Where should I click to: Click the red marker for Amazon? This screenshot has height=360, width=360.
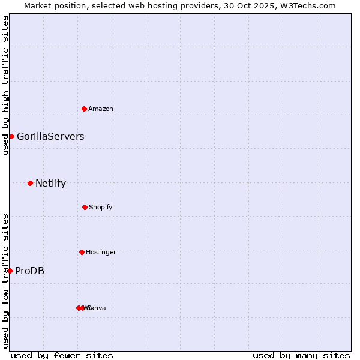click(x=85, y=109)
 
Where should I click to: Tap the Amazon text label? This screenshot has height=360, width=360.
click(x=101, y=109)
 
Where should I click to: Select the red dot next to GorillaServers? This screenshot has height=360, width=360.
click(x=11, y=136)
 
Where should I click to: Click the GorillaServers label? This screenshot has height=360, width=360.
click(x=50, y=136)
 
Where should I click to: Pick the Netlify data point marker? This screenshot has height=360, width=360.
click(x=30, y=183)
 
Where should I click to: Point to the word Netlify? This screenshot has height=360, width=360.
click(x=50, y=184)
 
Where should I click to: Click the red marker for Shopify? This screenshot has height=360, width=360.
click(x=85, y=207)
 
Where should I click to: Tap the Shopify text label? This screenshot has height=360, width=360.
click(x=101, y=207)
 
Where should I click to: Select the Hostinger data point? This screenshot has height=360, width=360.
click(x=82, y=252)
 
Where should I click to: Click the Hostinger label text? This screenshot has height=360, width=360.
click(x=101, y=252)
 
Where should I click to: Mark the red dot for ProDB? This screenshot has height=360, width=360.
click(x=10, y=271)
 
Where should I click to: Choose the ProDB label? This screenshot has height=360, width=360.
click(x=29, y=271)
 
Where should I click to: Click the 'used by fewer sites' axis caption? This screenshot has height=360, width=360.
click(x=62, y=355)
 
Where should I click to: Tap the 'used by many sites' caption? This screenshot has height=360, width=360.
click(x=301, y=355)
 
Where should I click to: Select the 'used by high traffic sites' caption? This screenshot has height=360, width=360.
click(x=5, y=85)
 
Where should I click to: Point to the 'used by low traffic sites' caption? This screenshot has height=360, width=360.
click(x=5, y=281)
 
